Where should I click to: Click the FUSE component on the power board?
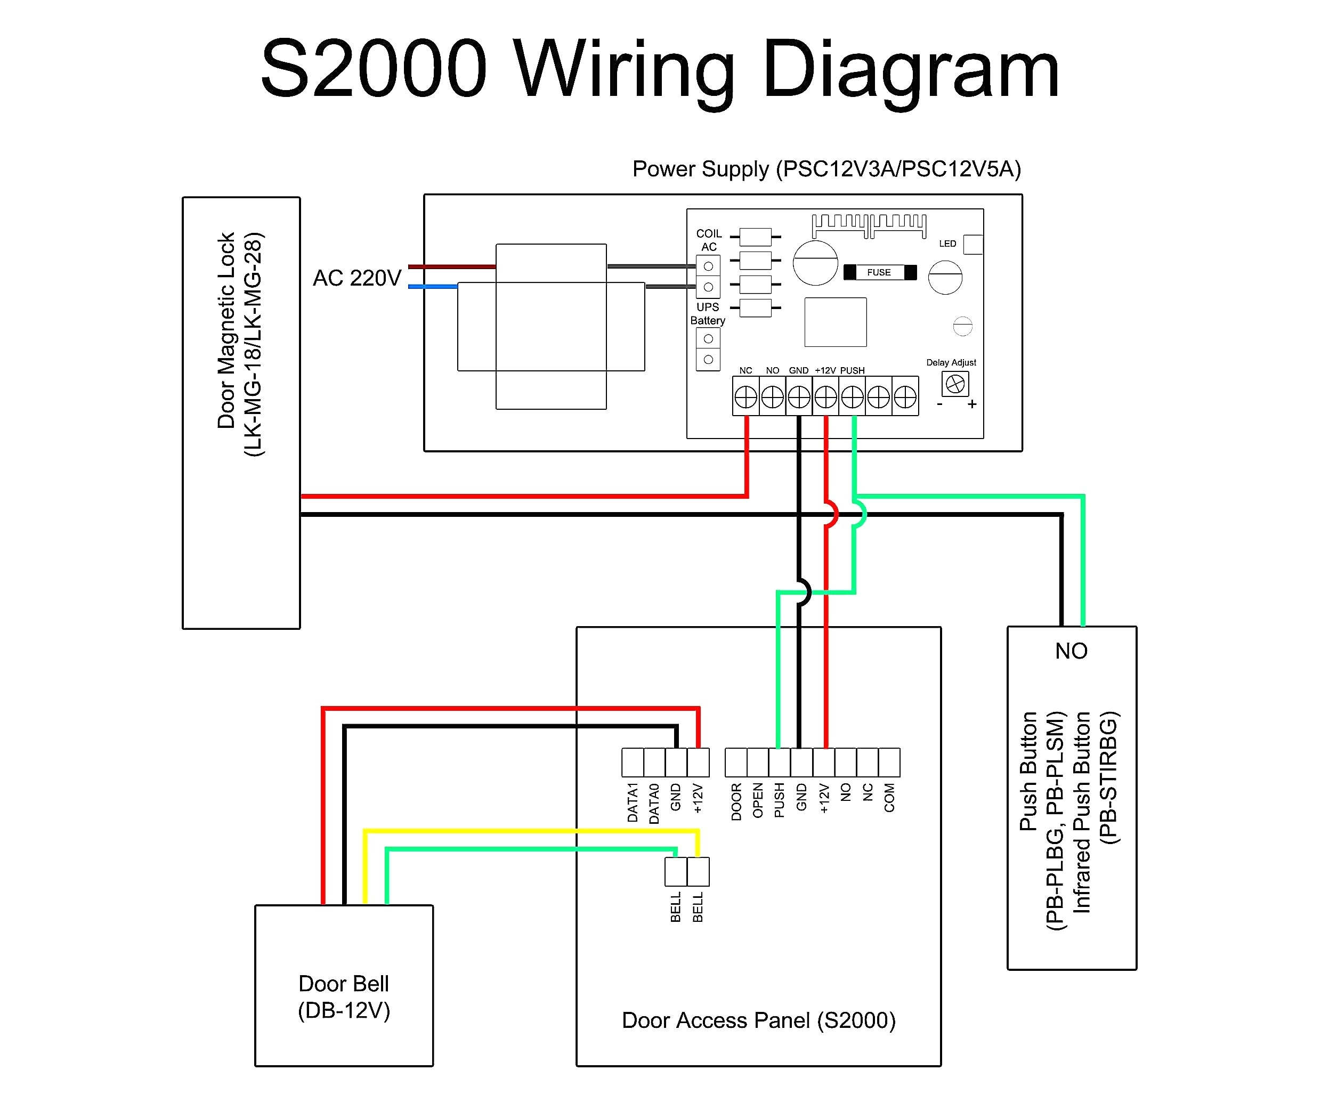pyautogui.click(x=879, y=272)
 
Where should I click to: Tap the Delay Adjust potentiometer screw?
pyautogui.click(x=955, y=384)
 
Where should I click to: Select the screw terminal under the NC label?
pyautogui.click(x=745, y=397)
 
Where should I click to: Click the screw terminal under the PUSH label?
pyautogui.click(x=852, y=397)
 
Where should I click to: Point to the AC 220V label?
pyautogui.click(x=356, y=278)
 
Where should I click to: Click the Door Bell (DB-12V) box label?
pyautogui.click(x=343, y=996)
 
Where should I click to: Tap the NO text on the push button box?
pyautogui.click(x=1071, y=651)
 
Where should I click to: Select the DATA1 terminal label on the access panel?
pyautogui.click(x=633, y=802)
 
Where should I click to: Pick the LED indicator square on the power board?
pyautogui.click(x=972, y=244)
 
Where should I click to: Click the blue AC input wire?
pyautogui.click(x=433, y=287)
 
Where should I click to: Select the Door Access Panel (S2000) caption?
pyautogui.click(x=758, y=1020)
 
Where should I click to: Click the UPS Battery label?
pyautogui.click(x=708, y=313)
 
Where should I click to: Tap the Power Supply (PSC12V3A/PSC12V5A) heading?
pyautogui.click(x=826, y=169)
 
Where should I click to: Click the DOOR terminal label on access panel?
pyautogui.click(x=736, y=802)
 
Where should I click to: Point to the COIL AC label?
pyautogui.click(x=709, y=240)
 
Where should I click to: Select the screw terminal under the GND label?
pyautogui.click(x=799, y=397)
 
